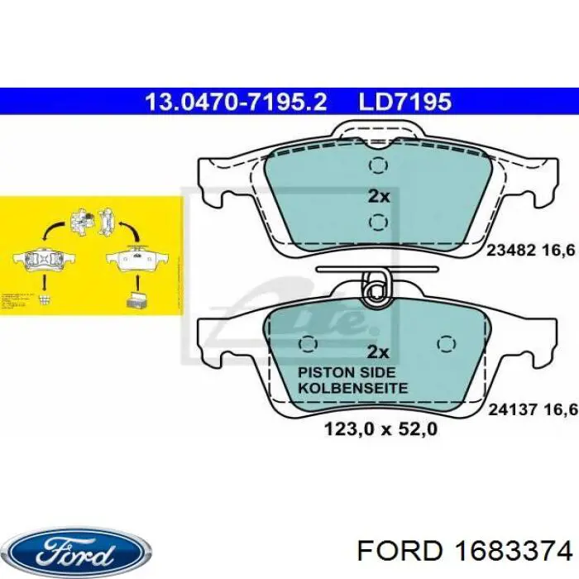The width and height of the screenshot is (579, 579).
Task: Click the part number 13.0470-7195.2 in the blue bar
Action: point(236,102)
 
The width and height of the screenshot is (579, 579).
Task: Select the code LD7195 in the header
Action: point(404,102)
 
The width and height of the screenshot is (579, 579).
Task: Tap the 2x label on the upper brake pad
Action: point(377,197)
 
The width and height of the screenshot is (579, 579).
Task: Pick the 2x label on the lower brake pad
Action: point(377,351)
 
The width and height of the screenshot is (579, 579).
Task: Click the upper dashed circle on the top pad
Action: point(378,166)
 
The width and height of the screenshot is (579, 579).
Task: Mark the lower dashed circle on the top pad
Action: point(378,222)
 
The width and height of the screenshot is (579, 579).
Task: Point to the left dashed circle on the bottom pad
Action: point(309,343)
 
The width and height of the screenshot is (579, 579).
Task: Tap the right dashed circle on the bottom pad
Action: point(447,343)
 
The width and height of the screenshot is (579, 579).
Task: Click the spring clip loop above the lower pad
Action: point(377,290)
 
